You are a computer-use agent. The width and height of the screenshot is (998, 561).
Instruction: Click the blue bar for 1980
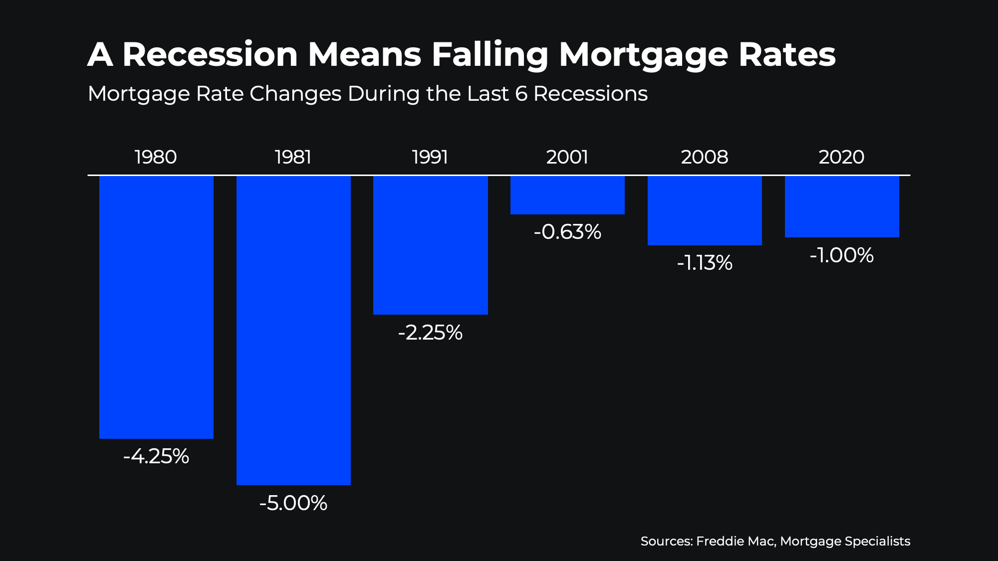pos(156,307)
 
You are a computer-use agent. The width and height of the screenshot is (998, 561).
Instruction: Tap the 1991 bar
pos(430,245)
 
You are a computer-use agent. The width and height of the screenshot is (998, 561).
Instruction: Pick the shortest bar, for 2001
pos(567,195)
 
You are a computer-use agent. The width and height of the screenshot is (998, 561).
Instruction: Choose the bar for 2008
pos(705,210)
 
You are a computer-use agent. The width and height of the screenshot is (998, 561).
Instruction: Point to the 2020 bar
pos(842,206)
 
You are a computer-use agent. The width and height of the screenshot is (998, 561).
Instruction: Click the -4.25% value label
pos(156,456)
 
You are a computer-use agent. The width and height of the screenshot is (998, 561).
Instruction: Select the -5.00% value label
pos(293,503)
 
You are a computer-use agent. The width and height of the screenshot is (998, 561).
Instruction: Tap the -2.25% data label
pos(430,333)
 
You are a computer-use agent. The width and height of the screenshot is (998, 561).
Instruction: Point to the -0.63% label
pos(567,232)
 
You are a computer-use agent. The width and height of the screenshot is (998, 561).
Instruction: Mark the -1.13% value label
pos(705,263)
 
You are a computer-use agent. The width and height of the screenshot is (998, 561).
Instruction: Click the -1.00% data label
pos(842,255)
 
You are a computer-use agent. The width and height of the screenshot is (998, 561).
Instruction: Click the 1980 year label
pos(156,157)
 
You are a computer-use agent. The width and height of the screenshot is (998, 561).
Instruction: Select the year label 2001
pos(567,157)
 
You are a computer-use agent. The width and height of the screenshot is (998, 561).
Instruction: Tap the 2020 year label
pos(842,157)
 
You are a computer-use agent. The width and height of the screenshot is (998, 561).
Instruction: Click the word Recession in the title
pos(210,54)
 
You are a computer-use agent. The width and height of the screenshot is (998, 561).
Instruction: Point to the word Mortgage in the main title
pos(644,55)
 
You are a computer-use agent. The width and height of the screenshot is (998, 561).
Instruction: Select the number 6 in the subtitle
pos(521,94)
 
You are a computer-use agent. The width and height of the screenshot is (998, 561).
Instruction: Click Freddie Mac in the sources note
pos(735,541)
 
